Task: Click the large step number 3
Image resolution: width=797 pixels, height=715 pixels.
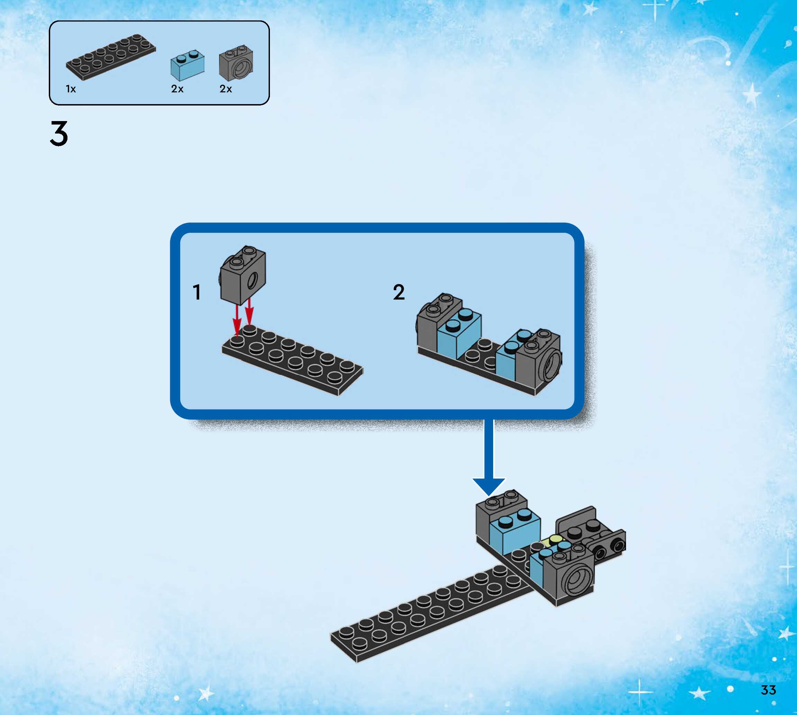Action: pos(59,134)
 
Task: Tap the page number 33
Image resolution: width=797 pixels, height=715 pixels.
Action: pos(768,690)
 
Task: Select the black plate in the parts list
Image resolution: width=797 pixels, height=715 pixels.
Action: pos(110,57)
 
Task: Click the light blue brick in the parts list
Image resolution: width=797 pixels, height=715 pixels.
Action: pos(187,66)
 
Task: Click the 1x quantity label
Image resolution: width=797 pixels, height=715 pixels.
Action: pos(71,89)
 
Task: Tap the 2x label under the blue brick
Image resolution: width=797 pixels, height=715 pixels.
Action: pos(177,89)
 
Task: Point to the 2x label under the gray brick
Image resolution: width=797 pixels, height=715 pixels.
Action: pos(226,89)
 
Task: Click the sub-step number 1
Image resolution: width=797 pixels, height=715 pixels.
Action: pos(197,292)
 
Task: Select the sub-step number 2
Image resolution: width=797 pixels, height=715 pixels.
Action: pos(399,292)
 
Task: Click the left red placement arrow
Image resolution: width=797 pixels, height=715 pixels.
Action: pos(237,320)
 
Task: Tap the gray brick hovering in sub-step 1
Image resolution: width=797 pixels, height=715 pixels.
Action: pos(243,275)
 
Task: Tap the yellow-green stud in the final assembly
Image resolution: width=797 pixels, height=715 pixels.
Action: pos(556,539)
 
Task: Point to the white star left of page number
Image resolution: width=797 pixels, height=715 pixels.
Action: pos(698,693)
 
